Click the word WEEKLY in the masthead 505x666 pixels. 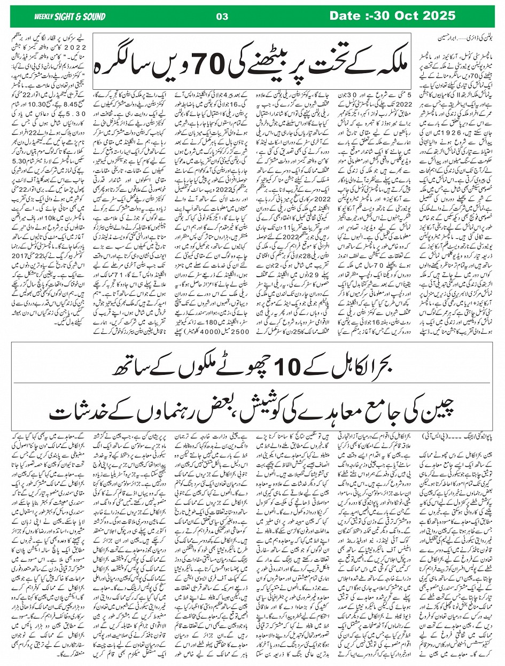pos(44,17)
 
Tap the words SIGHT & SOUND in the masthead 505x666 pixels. pos(81,17)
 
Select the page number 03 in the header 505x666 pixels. pos(222,17)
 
